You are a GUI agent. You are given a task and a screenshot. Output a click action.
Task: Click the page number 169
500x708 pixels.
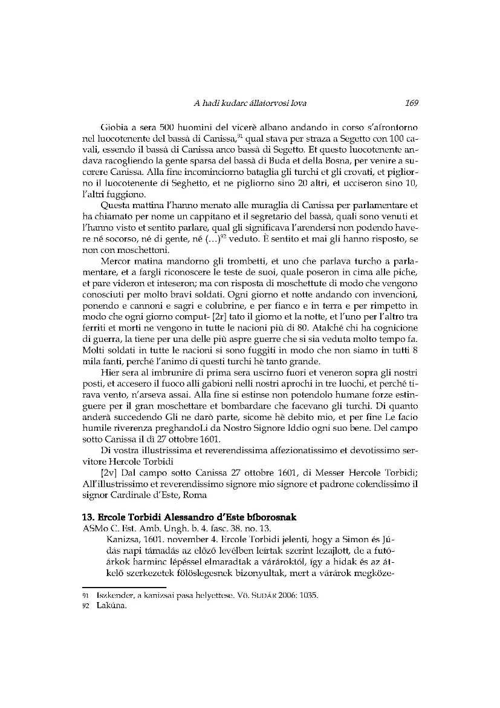point(412,103)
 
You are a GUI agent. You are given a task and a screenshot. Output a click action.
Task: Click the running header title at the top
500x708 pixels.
point(250,103)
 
